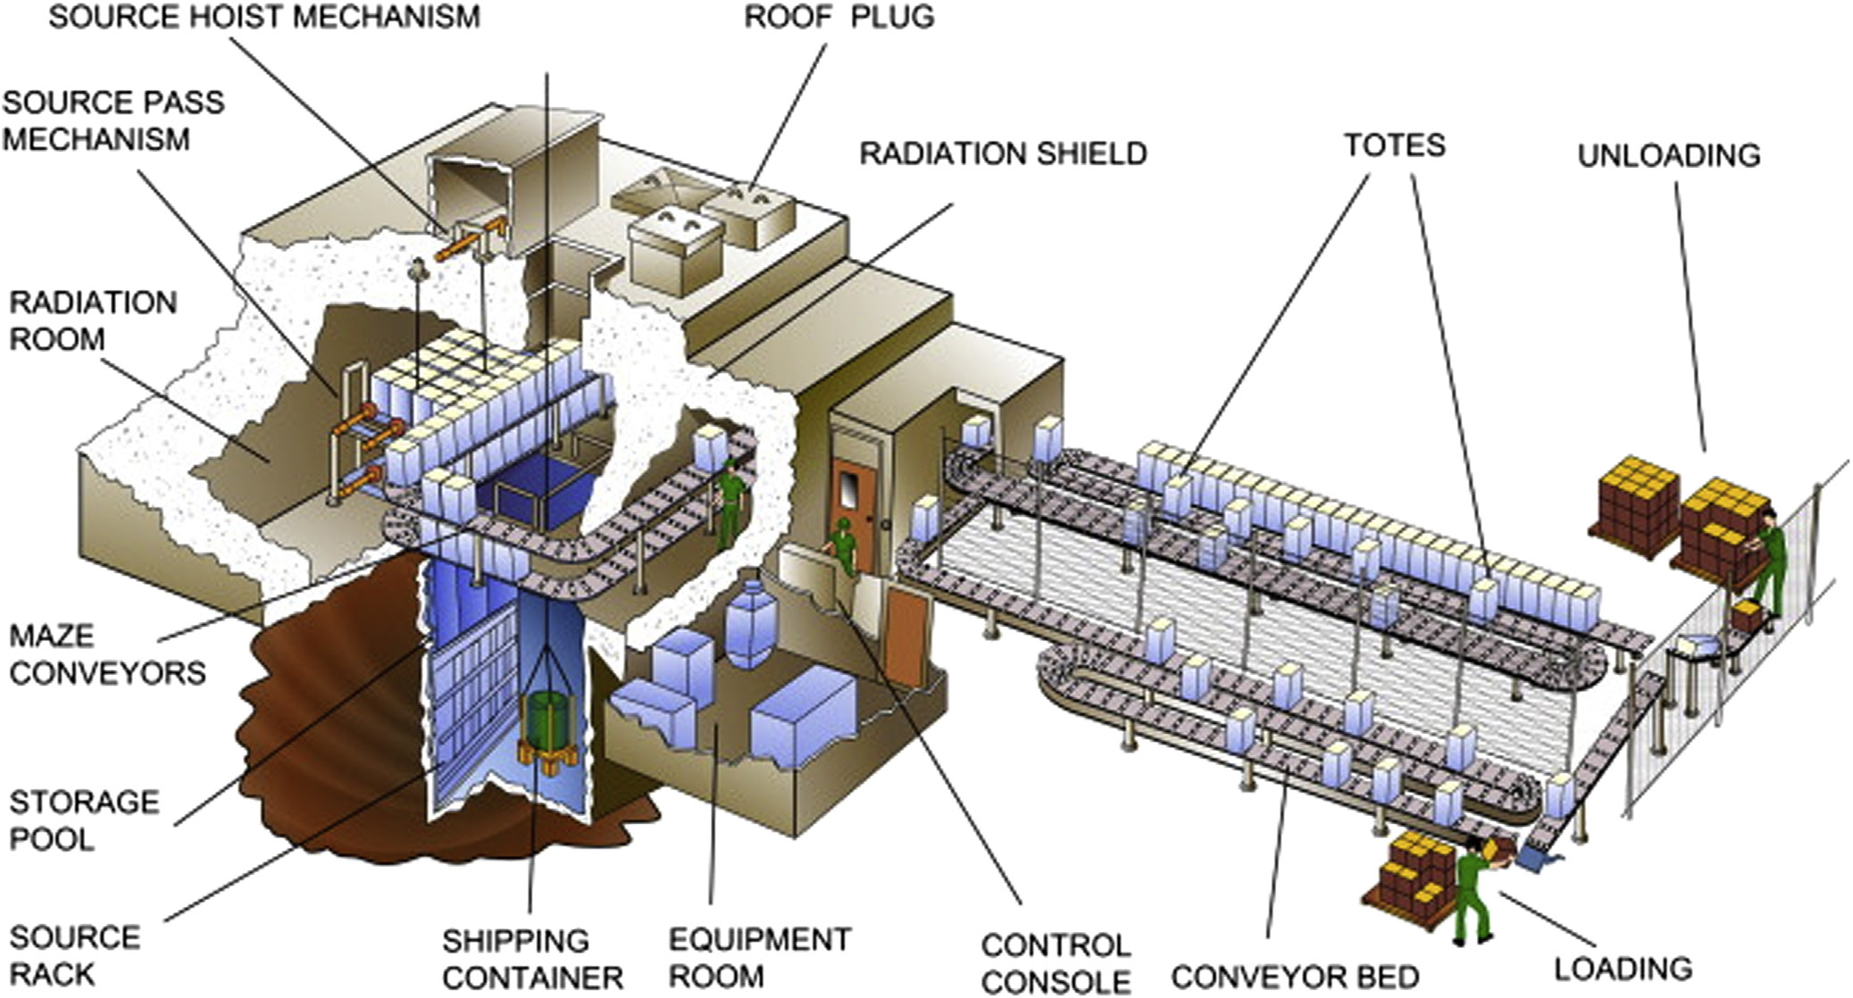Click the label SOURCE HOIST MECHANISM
(263, 17)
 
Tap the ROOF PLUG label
(839, 17)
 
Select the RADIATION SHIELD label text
(1002, 154)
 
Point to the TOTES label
(1394, 146)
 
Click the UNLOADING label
(1668, 156)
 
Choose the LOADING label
(1623, 969)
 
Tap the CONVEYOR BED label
(1294, 977)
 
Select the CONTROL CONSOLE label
(1056, 962)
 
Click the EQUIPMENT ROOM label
(759, 957)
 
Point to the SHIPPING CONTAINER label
(532, 959)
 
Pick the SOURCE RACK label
(75, 955)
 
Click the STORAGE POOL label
(84, 820)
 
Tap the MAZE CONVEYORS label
(107, 654)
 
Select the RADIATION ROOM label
(93, 320)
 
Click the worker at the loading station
(1473, 893)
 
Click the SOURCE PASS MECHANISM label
(113, 121)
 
